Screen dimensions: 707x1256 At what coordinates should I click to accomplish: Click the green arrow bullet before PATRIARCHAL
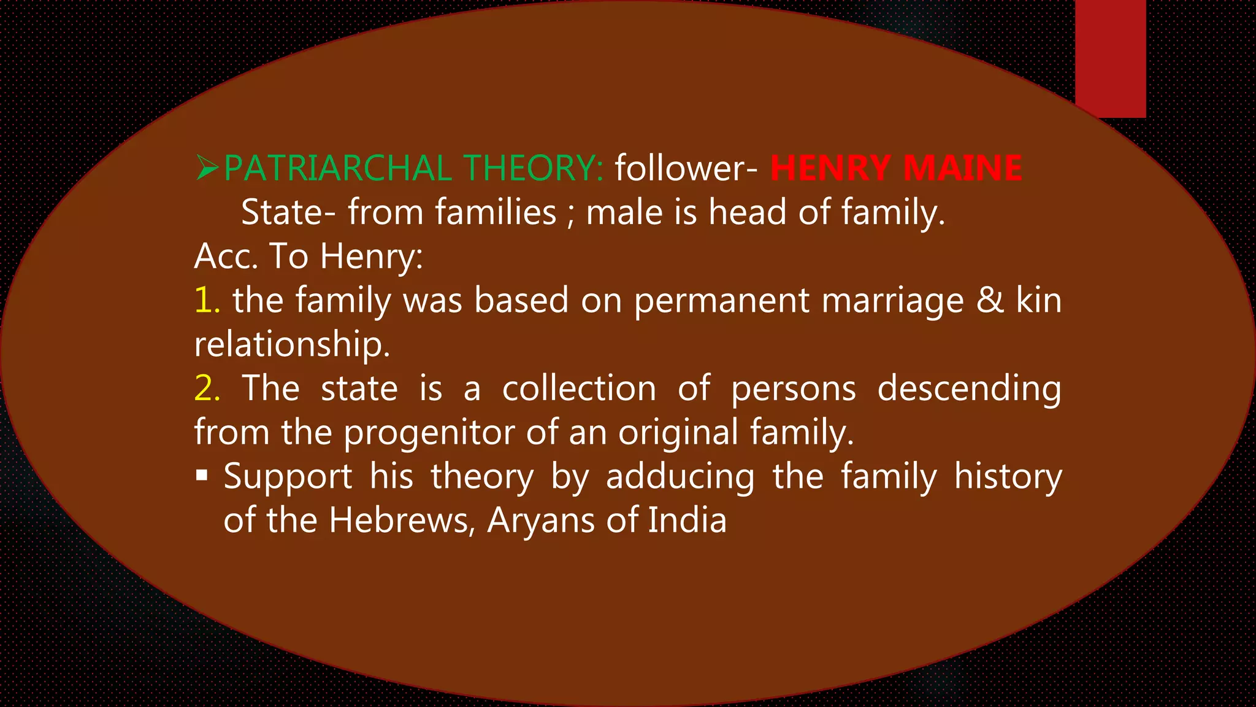(207, 168)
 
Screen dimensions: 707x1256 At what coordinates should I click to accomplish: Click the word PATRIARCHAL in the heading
(338, 168)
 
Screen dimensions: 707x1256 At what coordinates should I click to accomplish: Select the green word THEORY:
(534, 168)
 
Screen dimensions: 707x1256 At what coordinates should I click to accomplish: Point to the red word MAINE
(963, 168)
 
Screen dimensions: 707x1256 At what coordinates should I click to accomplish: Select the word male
(623, 212)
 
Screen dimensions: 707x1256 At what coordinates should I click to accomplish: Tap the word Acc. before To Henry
(226, 256)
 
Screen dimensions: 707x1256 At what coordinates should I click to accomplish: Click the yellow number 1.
(207, 300)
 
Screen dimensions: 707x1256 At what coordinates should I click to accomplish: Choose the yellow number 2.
(207, 388)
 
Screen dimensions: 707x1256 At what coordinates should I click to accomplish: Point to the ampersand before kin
(990, 300)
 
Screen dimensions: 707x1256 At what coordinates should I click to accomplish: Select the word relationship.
(292, 344)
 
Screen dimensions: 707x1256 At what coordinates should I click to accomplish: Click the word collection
(579, 388)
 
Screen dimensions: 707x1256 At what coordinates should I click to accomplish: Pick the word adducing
(680, 477)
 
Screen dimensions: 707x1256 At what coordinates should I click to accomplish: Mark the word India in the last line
(687, 520)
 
